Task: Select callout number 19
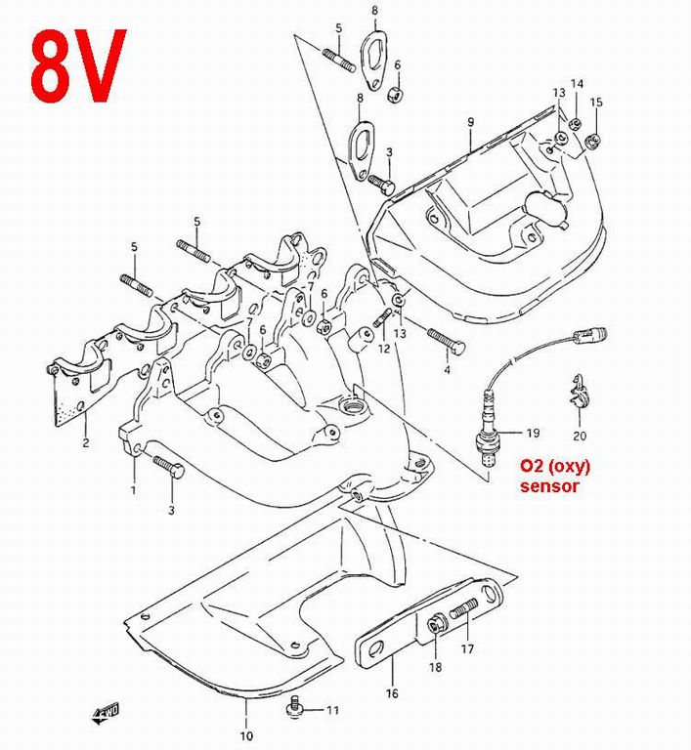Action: pos(533,432)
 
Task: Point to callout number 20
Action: pos(580,436)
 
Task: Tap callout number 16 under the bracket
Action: pos(392,695)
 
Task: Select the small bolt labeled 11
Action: pos(293,704)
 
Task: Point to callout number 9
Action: pos(470,122)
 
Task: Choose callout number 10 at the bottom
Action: pos(245,735)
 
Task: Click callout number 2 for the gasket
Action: pos(85,444)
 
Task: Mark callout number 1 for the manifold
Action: pos(134,489)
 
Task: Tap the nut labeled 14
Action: pos(576,123)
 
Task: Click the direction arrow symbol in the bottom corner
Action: pos(106,713)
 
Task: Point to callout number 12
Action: pos(384,349)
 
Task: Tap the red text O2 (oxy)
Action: pos(554,466)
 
